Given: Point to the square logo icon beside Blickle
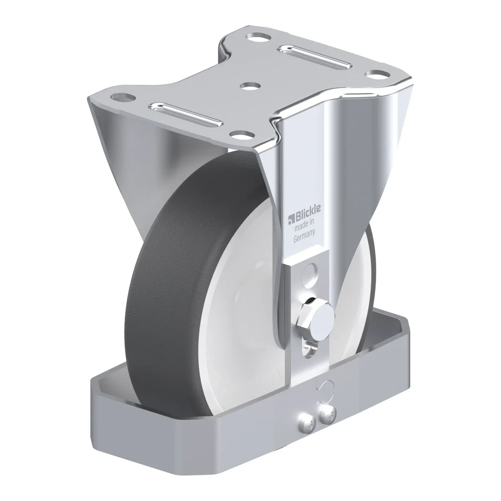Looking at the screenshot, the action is (291, 220).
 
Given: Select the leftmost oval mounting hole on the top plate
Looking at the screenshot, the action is (123, 98).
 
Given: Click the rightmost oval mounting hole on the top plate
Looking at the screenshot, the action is (377, 73).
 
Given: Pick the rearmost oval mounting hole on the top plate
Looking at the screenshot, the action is (258, 36).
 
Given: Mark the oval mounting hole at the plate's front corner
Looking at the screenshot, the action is (242, 135).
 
